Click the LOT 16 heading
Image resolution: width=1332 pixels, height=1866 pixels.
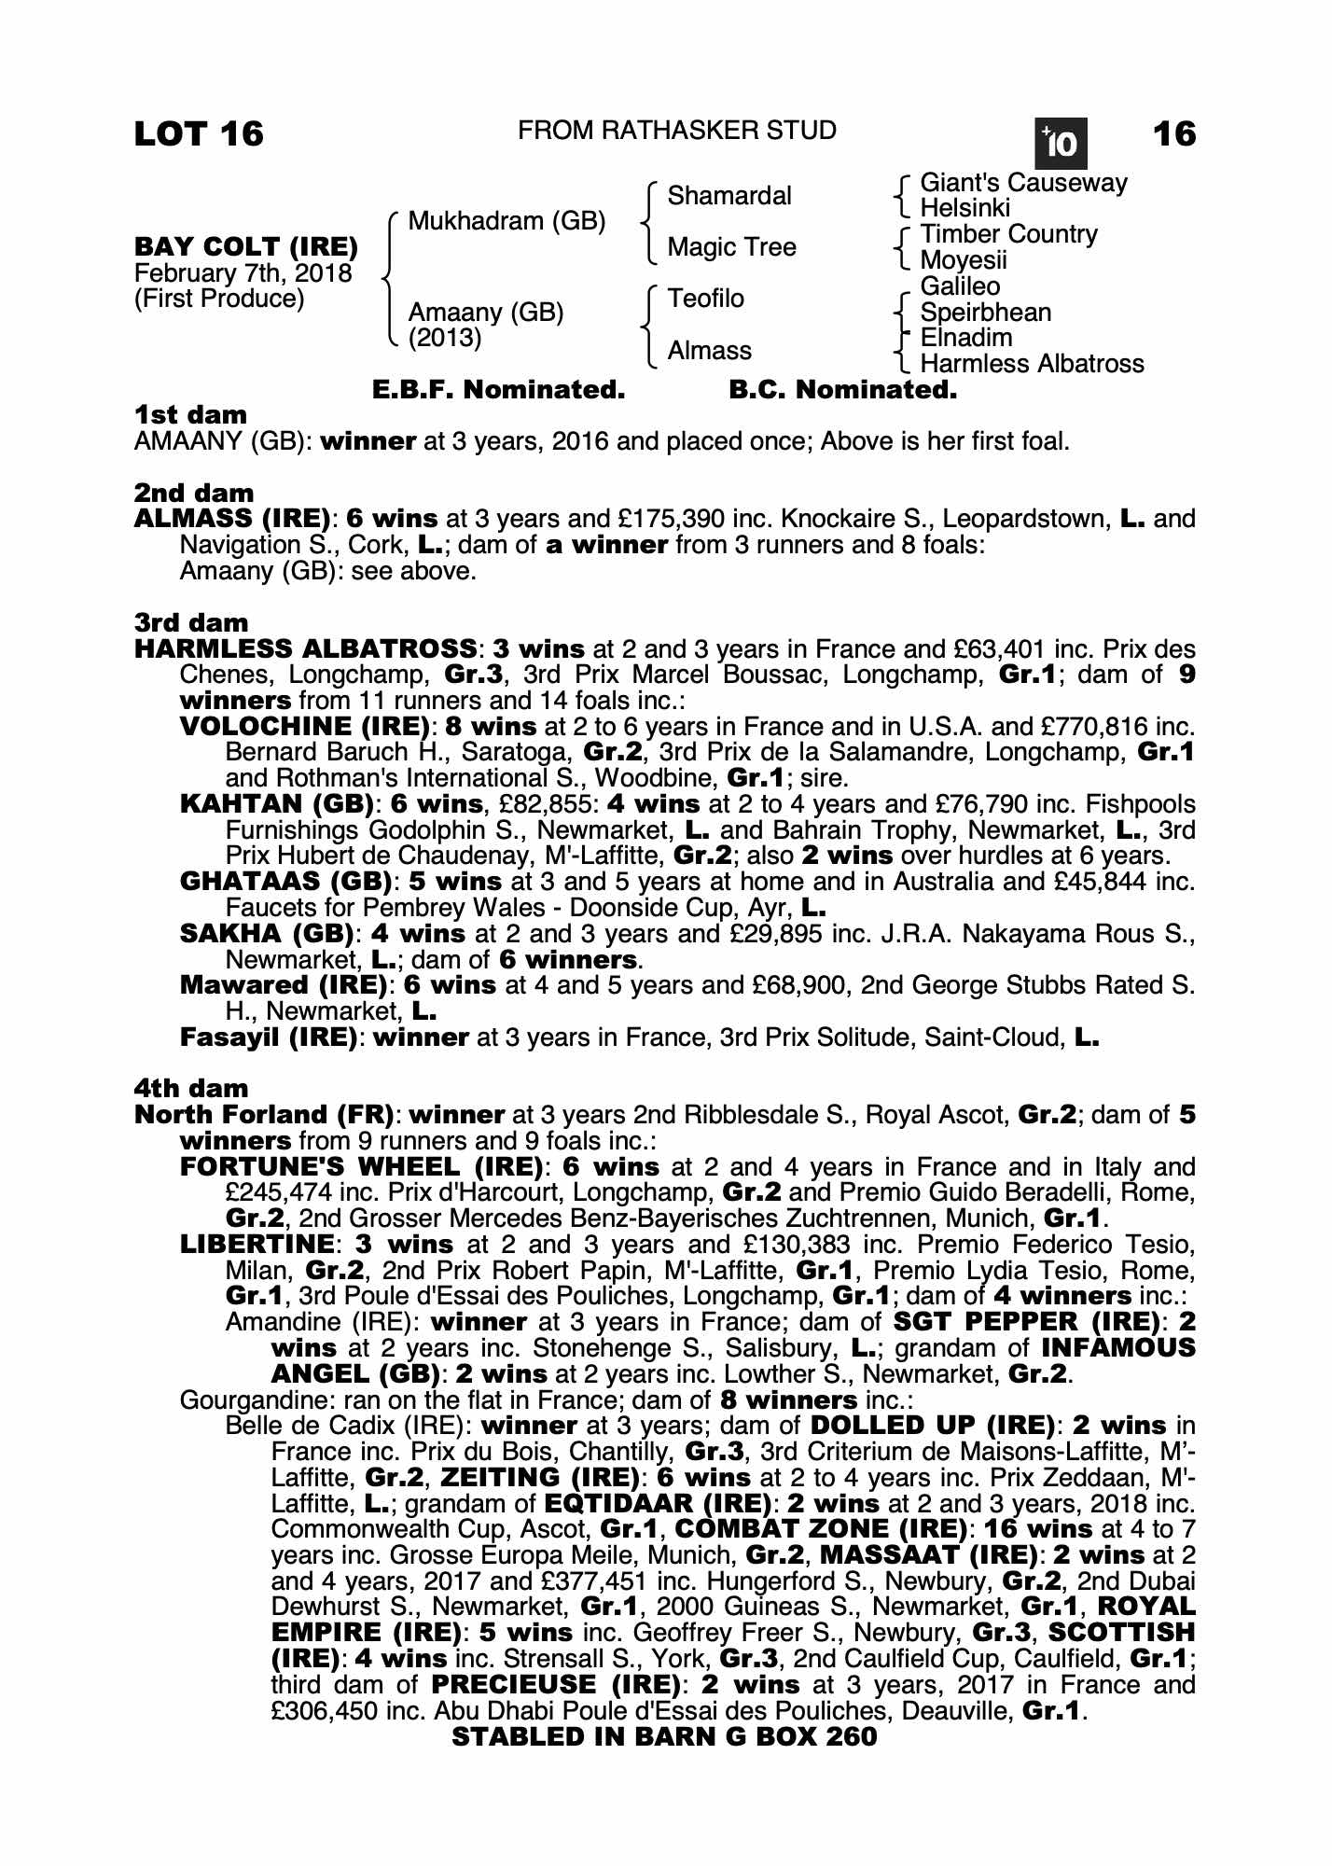[199, 134]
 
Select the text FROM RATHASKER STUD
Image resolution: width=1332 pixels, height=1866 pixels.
[677, 131]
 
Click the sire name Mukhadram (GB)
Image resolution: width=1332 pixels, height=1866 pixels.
[506, 221]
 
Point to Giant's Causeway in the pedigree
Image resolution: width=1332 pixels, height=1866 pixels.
[1023, 183]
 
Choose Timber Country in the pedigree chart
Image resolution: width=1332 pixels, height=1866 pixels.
[1008, 234]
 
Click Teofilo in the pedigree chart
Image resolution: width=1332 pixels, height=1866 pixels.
[705, 299]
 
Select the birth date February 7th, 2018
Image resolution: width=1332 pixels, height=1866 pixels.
[243, 273]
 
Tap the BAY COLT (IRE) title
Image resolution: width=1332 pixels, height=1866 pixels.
[246, 247]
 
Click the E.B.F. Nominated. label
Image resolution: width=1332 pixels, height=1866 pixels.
[498, 390]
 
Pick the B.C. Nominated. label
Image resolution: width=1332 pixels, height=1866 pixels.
[842, 390]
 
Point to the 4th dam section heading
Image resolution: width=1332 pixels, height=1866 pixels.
[191, 1089]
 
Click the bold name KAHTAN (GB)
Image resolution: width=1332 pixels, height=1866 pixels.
[278, 804]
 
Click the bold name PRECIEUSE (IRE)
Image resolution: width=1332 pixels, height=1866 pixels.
[556, 1685]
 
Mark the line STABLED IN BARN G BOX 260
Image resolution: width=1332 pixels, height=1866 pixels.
[664, 1736]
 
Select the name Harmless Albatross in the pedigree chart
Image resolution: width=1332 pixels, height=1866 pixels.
[1032, 364]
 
